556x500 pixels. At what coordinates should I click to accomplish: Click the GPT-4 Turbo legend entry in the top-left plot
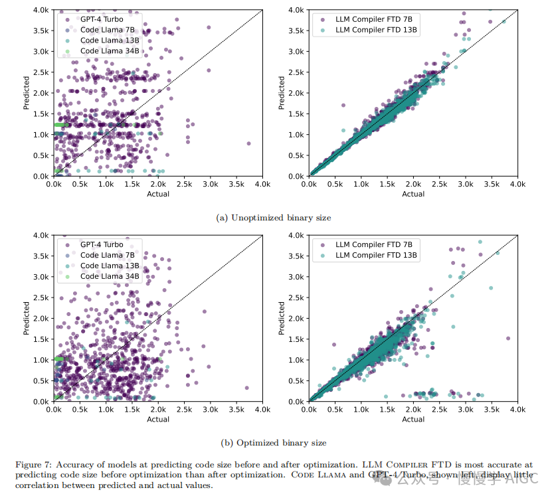pyautogui.click(x=102, y=19)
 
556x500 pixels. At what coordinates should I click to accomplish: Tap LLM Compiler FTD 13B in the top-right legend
pyautogui.click(x=376, y=30)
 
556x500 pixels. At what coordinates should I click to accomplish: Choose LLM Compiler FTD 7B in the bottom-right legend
pyautogui.click(x=373, y=244)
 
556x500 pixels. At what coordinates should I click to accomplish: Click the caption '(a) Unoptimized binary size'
pyautogui.click(x=274, y=217)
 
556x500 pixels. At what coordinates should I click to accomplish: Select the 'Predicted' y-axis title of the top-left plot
pyautogui.click(x=27, y=93)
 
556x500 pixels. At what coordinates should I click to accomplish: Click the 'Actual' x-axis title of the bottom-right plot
pyautogui.click(x=413, y=419)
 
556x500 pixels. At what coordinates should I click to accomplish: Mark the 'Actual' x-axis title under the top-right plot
pyautogui.click(x=413, y=194)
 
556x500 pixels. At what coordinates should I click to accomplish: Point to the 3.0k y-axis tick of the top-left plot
pyautogui.click(x=42, y=51)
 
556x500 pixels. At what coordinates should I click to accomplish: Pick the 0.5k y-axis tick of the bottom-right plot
pyautogui.click(x=297, y=381)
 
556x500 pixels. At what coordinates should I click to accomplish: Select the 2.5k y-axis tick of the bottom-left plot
pyautogui.click(x=42, y=297)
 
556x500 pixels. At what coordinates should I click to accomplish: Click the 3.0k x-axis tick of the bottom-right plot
pyautogui.click(x=465, y=410)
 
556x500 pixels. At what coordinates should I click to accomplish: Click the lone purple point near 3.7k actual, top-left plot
pyautogui.click(x=248, y=143)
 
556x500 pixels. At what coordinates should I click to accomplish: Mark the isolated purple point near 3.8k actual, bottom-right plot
pyautogui.click(x=508, y=338)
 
